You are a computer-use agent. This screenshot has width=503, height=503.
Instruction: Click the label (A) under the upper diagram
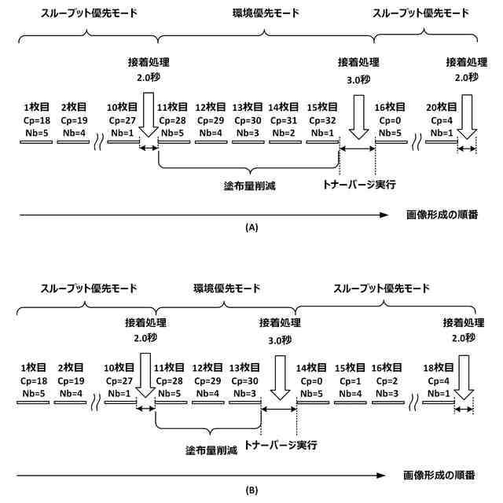coord(251,227)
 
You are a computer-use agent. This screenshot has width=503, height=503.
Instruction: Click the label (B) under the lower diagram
coord(251,490)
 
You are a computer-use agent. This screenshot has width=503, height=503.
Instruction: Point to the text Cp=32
coord(321,120)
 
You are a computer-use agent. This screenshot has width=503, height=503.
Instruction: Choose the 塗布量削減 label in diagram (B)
coord(207,450)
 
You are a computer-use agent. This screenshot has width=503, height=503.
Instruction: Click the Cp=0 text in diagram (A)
coord(391,120)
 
